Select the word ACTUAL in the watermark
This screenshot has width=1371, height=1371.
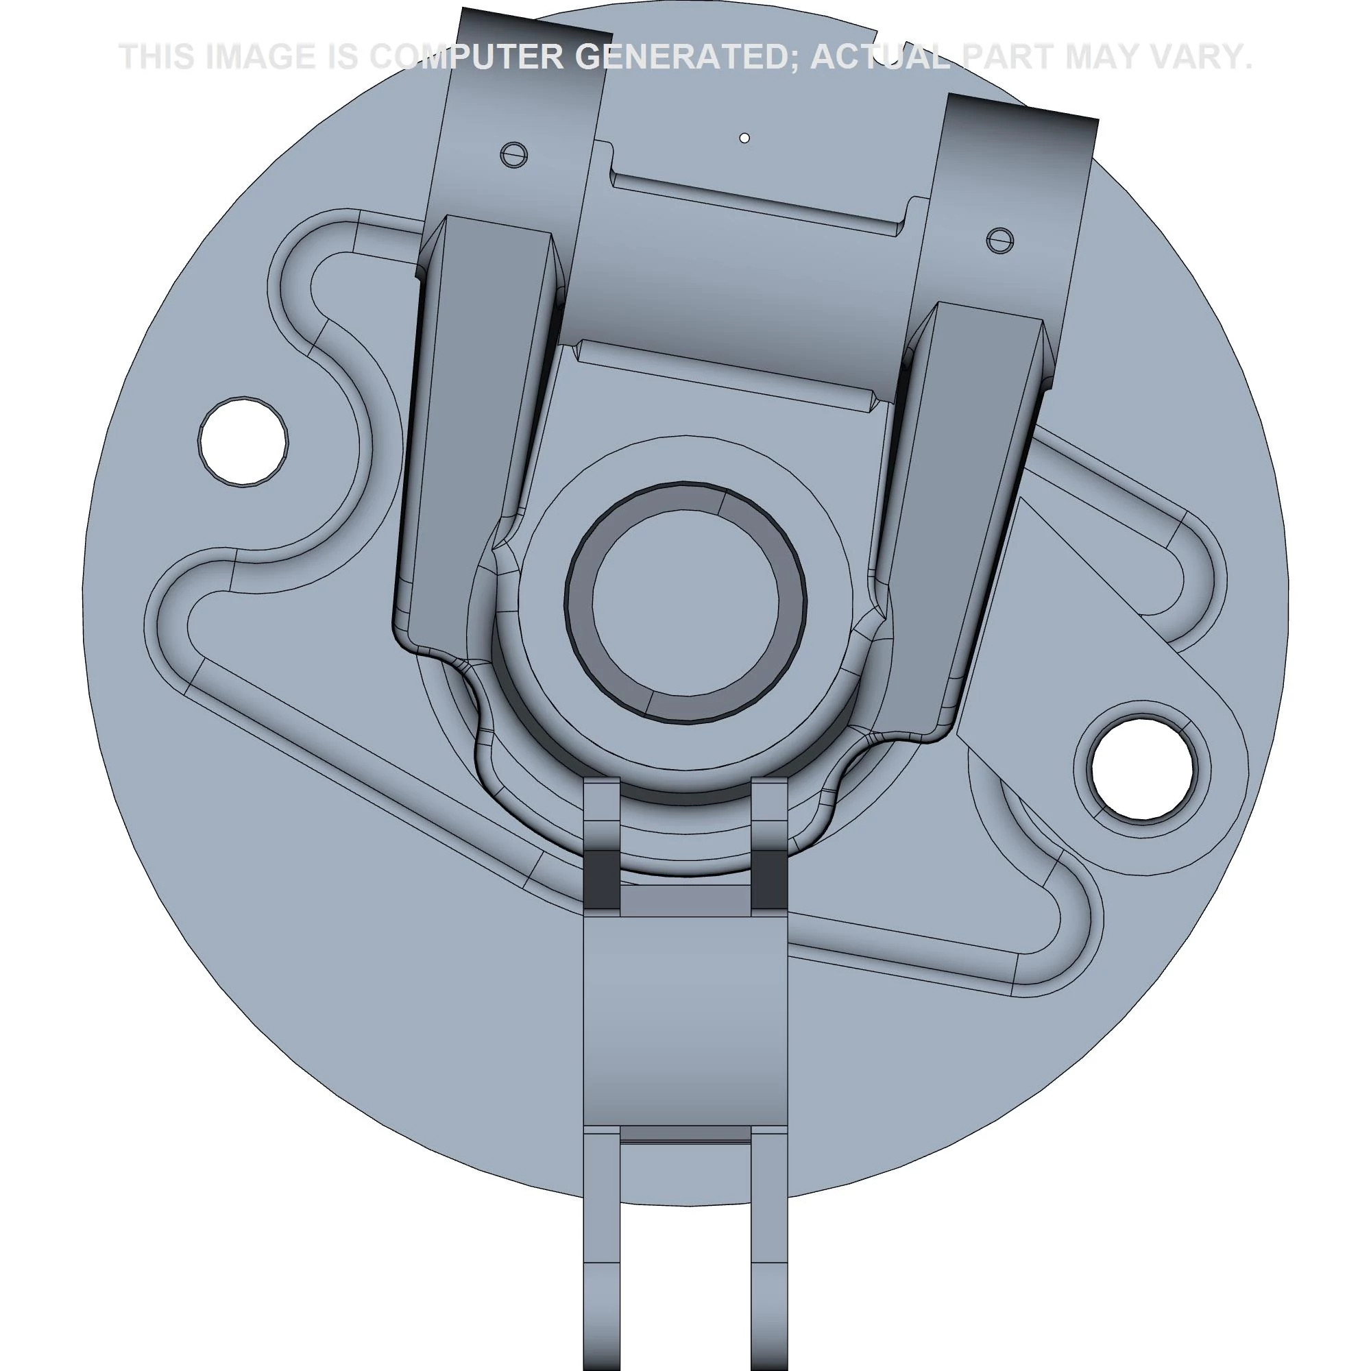pyautogui.click(x=880, y=57)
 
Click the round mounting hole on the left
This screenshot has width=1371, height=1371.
pyautogui.click(x=243, y=441)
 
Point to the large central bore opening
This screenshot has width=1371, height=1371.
pyautogui.click(x=685, y=603)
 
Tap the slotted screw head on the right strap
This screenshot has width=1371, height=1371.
pyautogui.click(x=1000, y=241)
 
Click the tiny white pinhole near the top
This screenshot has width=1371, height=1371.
pyautogui.click(x=744, y=138)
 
